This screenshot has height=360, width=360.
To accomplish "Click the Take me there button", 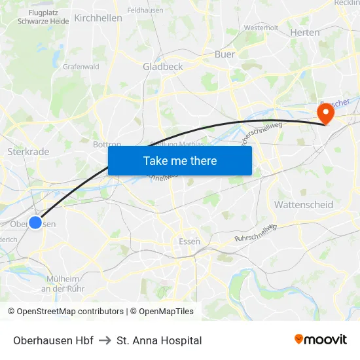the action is pyautogui.click(x=180, y=160).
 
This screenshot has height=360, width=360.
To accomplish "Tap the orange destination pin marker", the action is pyautogui.click(x=325, y=113).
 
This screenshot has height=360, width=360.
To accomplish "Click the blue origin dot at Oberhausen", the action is pyautogui.click(x=35, y=223).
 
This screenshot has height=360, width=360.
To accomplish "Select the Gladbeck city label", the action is pyautogui.click(x=163, y=66).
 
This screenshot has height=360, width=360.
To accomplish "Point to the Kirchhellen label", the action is pyautogui.click(x=98, y=18).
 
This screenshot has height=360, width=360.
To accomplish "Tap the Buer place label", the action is pyautogui.click(x=225, y=54).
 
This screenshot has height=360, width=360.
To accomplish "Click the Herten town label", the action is pyautogui.click(x=304, y=33).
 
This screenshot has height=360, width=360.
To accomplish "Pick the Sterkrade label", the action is pyautogui.click(x=28, y=151).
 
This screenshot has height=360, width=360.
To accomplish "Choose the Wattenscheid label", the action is pyautogui.click(x=303, y=205).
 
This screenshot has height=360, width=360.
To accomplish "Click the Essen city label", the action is pyautogui.click(x=189, y=242).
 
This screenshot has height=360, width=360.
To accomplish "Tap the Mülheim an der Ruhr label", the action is pyautogui.click(x=63, y=283).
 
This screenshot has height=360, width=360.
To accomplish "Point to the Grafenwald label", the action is pyautogui.click(x=81, y=66).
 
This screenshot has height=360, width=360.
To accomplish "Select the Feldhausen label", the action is pyautogui.click(x=145, y=10).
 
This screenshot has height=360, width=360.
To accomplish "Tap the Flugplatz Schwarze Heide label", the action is pyautogui.click(x=43, y=16).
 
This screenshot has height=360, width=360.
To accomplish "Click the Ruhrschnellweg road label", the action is pyautogui.click(x=255, y=234).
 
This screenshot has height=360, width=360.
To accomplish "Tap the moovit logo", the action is pyautogui.click(x=321, y=340).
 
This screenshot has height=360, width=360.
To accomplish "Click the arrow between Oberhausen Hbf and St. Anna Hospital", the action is pyautogui.click(x=105, y=340).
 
